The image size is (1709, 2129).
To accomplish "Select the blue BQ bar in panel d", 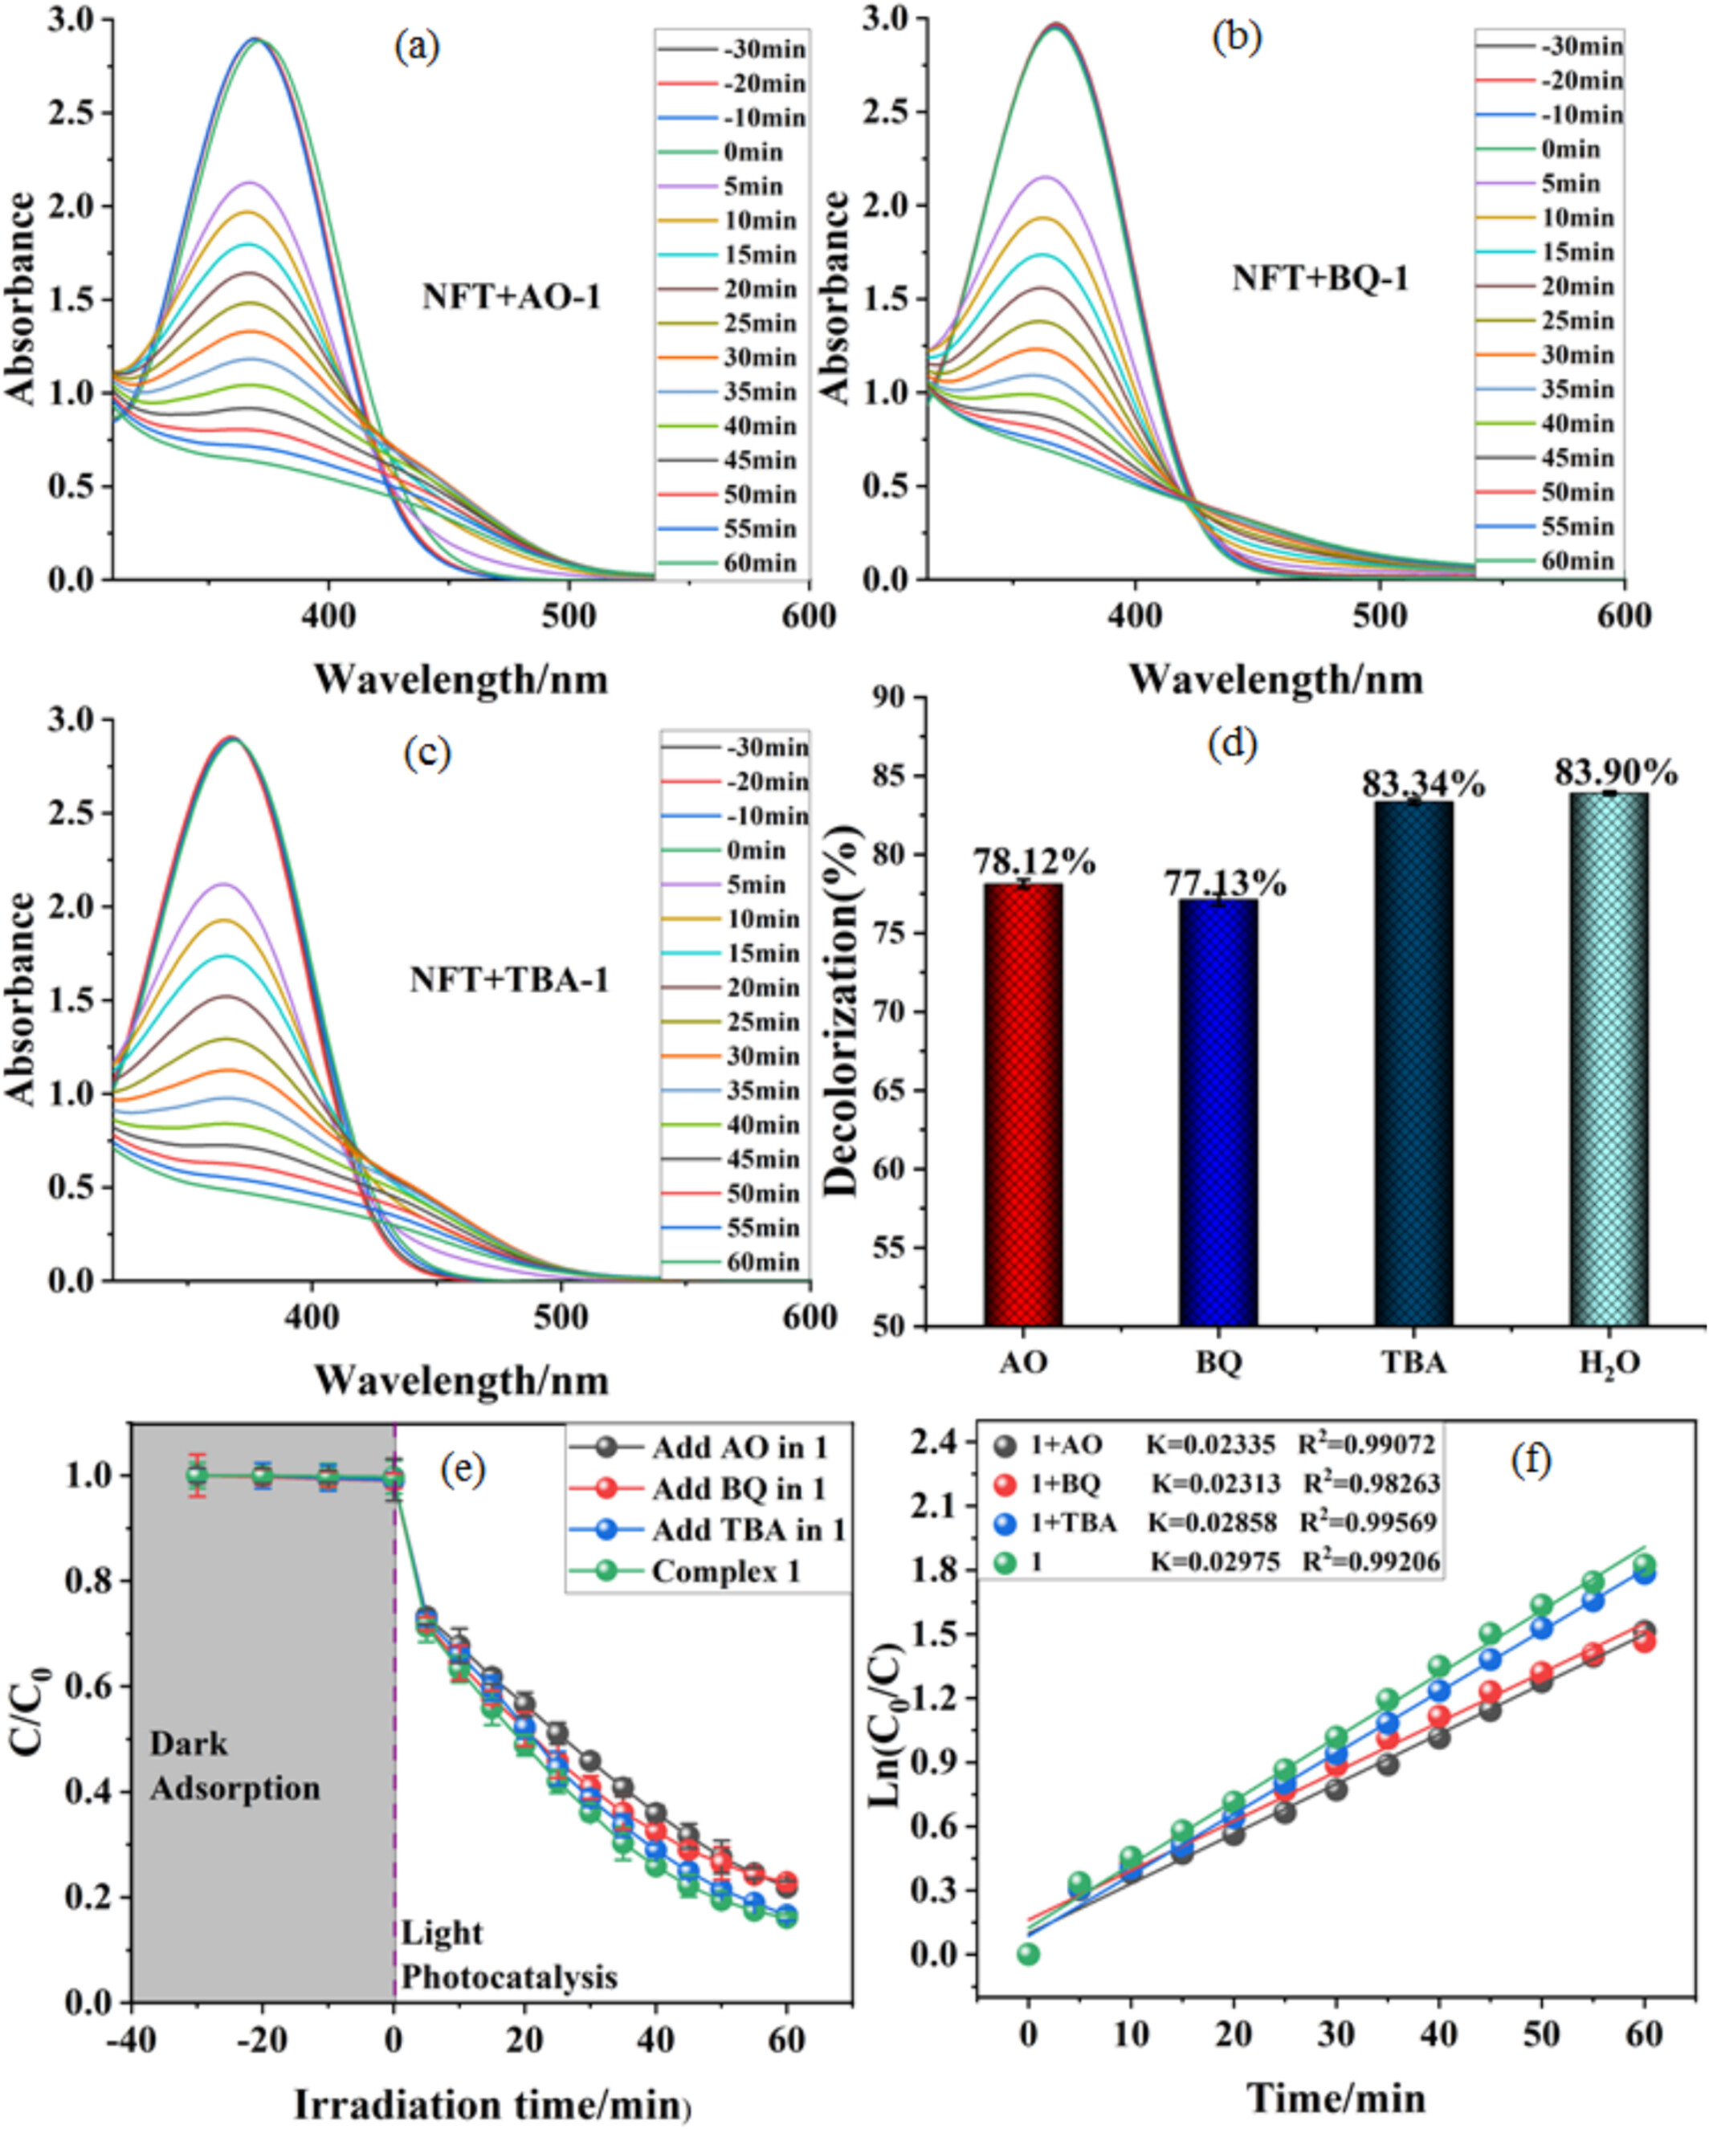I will click(1218, 1112).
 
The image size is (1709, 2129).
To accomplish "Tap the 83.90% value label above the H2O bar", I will click(1615, 772).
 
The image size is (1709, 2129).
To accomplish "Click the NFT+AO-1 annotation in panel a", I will click(512, 296).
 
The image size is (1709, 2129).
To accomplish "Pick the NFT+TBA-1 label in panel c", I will click(510, 979).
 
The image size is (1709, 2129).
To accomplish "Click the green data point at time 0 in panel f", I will click(1028, 1953).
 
